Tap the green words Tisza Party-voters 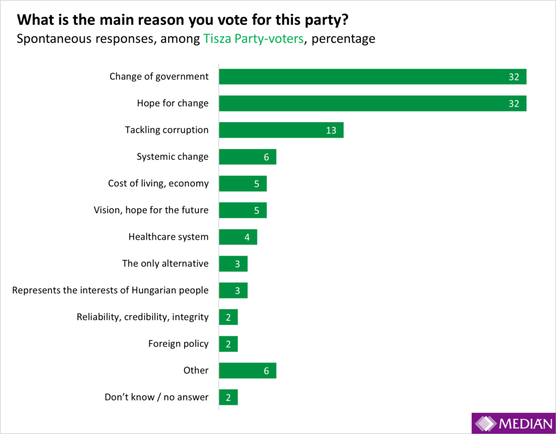(x=252, y=39)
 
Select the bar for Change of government (x=372, y=76)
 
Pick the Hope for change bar (x=372, y=103)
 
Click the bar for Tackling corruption (x=281, y=130)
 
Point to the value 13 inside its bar (x=331, y=130)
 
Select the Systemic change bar (x=247, y=157)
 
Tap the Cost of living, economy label (x=158, y=183)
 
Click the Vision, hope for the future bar (x=243, y=210)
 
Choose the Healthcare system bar (x=238, y=237)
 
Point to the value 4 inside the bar (x=247, y=237)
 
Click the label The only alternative (x=165, y=264)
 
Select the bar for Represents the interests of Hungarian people (x=233, y=290)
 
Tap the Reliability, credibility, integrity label (x=142, y=317)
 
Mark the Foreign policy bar (x=228, y=343)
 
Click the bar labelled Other (x=247, y=371)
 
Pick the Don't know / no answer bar (x=228, y=397)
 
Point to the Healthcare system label (x=168, y=237)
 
